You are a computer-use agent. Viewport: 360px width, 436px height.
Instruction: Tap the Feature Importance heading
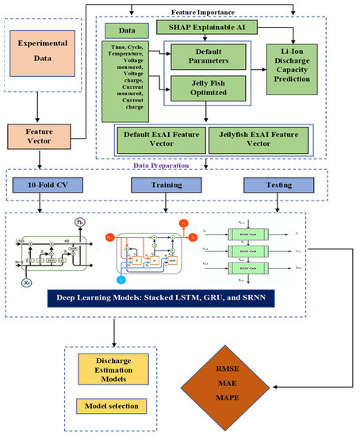click(205, 11)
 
